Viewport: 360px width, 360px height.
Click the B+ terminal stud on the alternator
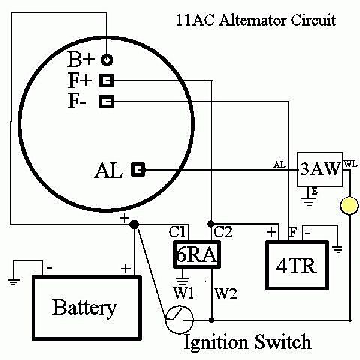point(106,60)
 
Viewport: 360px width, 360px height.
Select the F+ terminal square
point(106,80)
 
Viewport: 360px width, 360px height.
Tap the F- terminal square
point(106,101)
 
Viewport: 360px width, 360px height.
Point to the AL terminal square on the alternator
point(138,169)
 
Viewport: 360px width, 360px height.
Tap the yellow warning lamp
point(349,206)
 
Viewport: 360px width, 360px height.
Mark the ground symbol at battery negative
point(13,281)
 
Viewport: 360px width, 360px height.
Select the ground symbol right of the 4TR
point(338,249)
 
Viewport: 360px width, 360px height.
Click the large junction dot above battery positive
point(133,224)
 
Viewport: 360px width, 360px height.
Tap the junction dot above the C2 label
point(211,223)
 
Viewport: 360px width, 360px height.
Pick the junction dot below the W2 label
point(211,320)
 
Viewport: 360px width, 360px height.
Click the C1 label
point(177,232)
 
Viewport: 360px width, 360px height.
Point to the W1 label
point(184,293)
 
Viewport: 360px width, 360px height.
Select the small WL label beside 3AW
point(350,164)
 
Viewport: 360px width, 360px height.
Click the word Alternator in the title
point(253,20)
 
